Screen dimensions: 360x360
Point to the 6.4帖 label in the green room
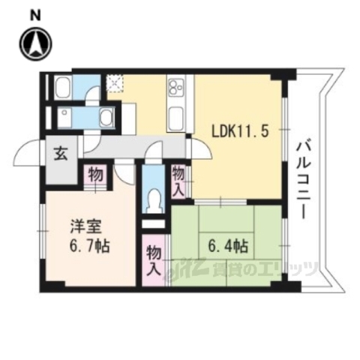pyautogui.click(x=222, y=245)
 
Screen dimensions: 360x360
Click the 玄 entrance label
pyautogui.click(x=59, y=155)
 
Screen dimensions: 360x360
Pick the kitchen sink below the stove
pyautogui.click(x=178, y=117)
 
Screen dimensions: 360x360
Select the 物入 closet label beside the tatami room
pyautogui.click(x=154, y=256)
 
